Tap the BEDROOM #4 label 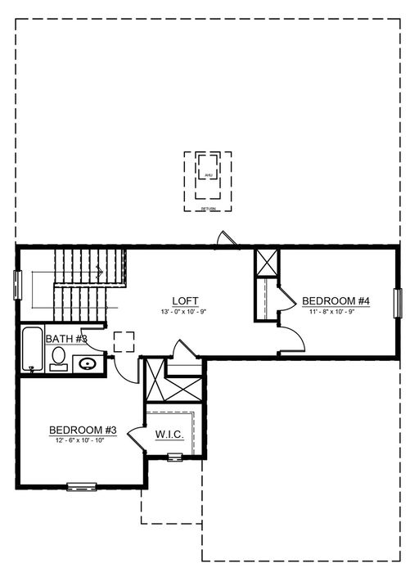[x=336, y=300]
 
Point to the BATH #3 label [x=66, y=338]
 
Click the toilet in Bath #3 [x=58, y=358]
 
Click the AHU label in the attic [x=207, y=174]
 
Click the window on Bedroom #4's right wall [x=399, y=303]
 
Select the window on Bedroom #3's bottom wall [x=83, y=488]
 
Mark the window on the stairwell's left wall [x=17, y=288]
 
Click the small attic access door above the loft [x=223, y=238]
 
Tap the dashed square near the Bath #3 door [x=124, y=341]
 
